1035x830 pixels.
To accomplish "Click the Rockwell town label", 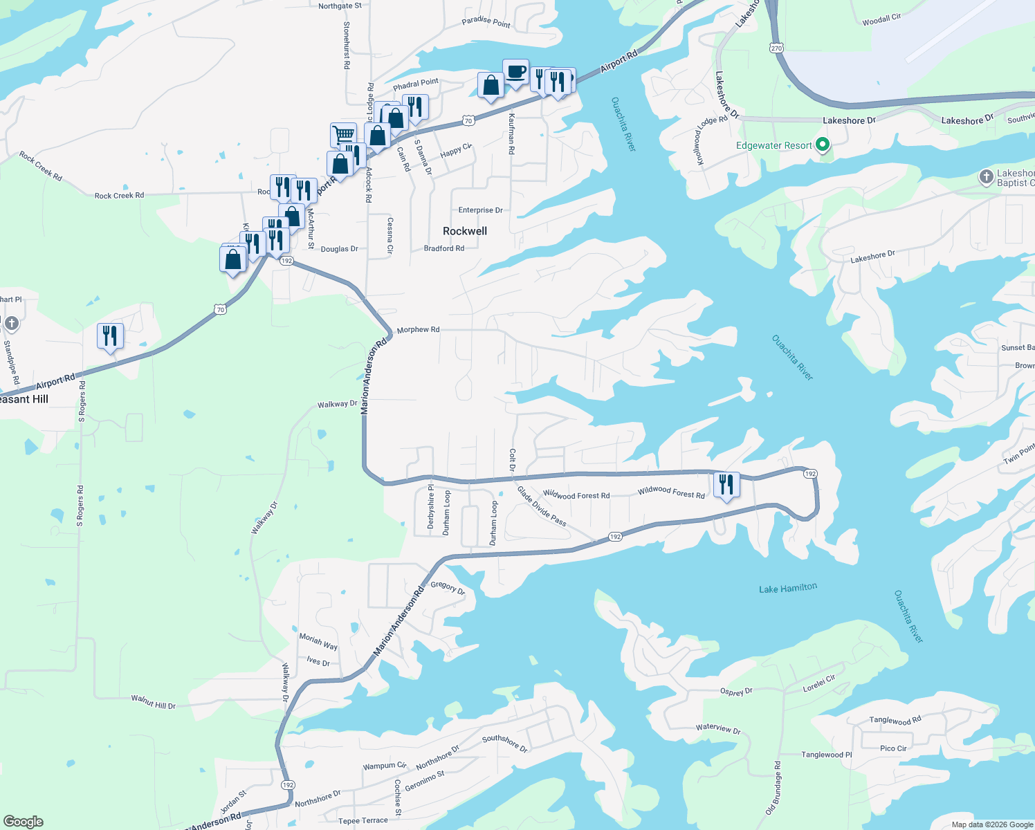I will pyautogui.click(x=465, y=231).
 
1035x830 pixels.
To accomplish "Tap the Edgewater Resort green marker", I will pyautogui.click(x=823, y=145).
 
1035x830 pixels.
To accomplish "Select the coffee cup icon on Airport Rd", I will pyautogui.click(x=515, y=72).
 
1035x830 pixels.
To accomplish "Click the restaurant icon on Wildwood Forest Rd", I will pyautogui.click(x=726, y=484).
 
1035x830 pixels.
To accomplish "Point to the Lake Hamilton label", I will pyautogui.click(x=788, y=589).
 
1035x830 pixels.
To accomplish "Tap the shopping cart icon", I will pyautogui.click(x=343, y=134).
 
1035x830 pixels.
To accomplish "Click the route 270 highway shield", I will pyautogui.click(x=776, y=48).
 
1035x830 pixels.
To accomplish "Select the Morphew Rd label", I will pyautogui.click(x=418, y=330).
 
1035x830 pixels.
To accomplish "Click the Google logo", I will pyautogui.click(x=24, y=821).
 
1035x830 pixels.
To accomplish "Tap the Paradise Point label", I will pyautogui.click(x=486, y=22).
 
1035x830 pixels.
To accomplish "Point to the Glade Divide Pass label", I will pyautogui.click(x=542, y=506).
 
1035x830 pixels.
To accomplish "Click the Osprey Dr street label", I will pyautogui.click(x=736, y=692).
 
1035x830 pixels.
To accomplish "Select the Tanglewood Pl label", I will pyautogui.click(x=827, y=755).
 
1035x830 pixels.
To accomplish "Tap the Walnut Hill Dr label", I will pyautogui.click(x=154, y=702).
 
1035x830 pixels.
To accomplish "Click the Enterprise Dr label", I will pyautogui.click(x=480, y=210).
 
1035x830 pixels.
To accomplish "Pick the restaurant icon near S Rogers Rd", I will pyautogui.click(x=110, y=336).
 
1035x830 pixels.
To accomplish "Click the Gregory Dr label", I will pyautogui.click(x=448, y=587).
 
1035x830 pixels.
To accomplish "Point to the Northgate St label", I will pyautogui.click(x=340, y=6).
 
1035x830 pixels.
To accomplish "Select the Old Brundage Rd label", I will pyautogui.click(x=773, y=788).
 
